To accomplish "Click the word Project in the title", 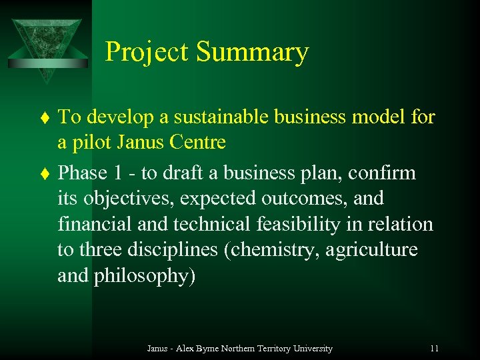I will tap(148, 53).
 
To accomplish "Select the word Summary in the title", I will tap(253, 53).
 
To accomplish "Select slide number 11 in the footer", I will tap(434, 349).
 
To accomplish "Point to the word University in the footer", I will tap(310, 349).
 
